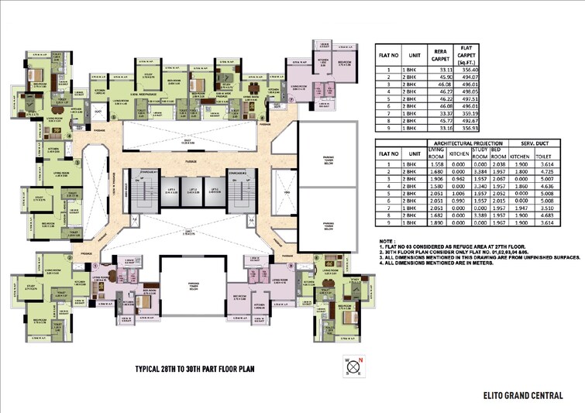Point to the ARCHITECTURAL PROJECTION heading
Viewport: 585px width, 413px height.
coord(467,143)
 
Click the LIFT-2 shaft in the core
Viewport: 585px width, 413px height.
coord(189,192)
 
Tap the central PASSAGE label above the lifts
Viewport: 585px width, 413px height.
coord(191,160)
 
